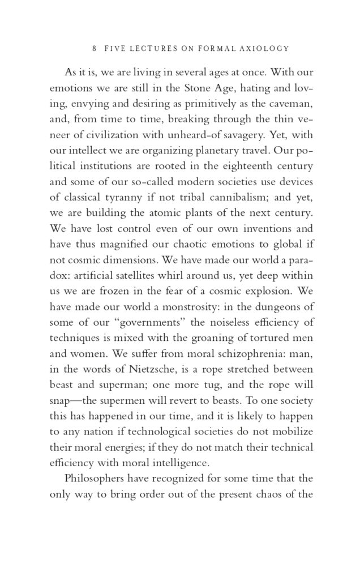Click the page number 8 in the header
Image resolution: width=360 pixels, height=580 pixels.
coord(84,49)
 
